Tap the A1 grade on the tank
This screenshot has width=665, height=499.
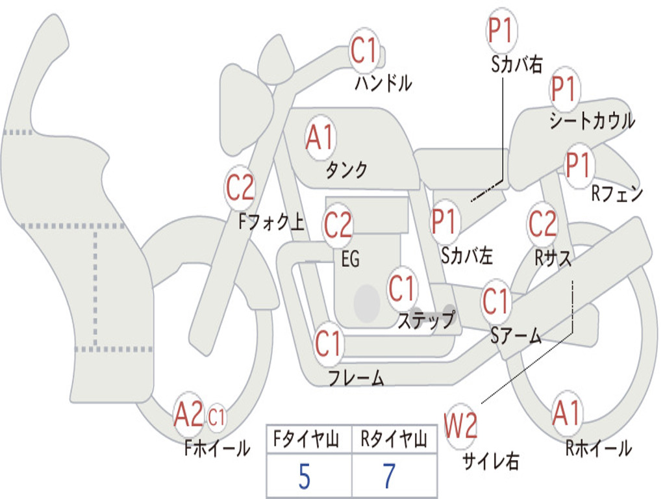click(320, 138)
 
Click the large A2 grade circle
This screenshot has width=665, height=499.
click(188, 416)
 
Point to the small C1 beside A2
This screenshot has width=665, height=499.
click(217, 417)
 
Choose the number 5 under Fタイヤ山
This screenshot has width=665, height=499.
click(305, 477)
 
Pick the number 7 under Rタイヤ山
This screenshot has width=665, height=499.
click(389, 477)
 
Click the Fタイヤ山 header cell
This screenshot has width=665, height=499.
click(308, 441)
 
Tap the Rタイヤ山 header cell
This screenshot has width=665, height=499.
click(394, 441)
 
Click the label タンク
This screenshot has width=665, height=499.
click(346, 170)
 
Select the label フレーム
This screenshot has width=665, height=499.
click(356, 377)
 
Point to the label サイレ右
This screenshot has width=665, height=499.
click(491, 461)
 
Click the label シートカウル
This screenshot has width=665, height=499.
click(592, 122)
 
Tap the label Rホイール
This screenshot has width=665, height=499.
click(598, 448)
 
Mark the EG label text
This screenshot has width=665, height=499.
click(350, 259)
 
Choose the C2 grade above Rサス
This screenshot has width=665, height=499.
click(542, 224)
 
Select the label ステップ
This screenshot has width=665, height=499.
click(426, 320)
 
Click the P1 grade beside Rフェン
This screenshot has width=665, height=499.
click(577, 165)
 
